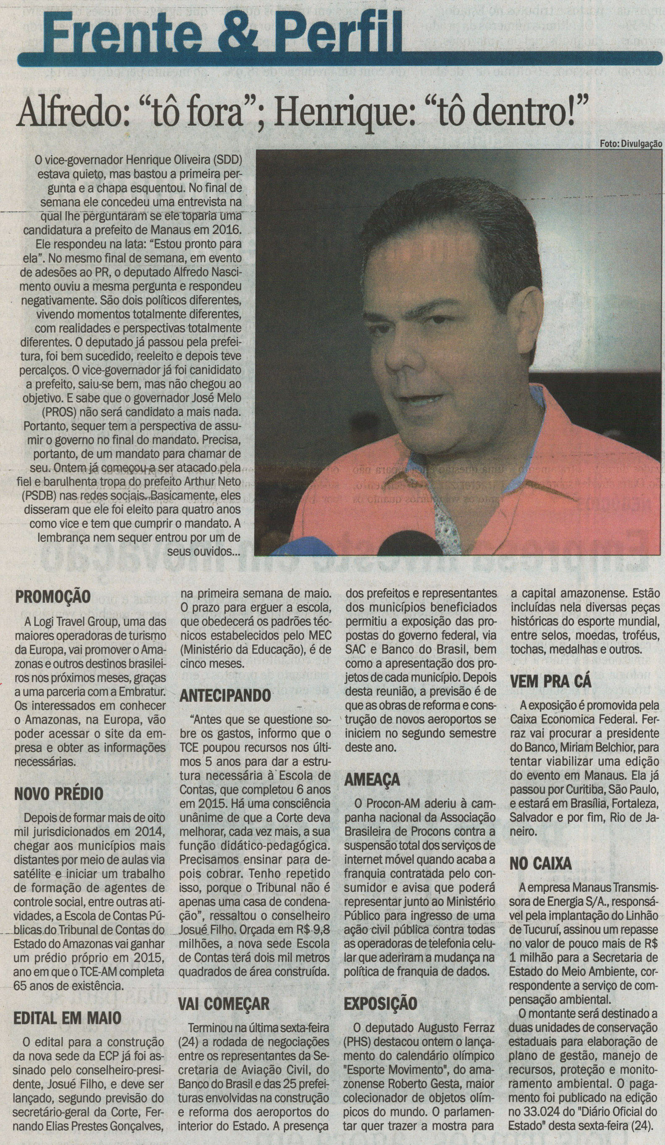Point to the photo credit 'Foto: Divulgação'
631,144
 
